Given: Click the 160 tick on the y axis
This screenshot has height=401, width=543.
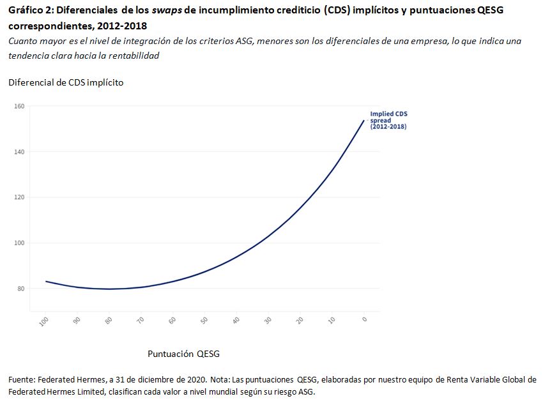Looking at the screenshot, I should (x=19, y=106).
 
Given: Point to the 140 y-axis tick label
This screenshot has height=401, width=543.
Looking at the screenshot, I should (x=19, y=152).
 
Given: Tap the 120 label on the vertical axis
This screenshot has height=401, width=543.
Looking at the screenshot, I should (x=19, y=197).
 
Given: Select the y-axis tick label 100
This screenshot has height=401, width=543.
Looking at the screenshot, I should (x=19, y=243).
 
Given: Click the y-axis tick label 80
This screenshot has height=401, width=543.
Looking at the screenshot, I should (x=20, y=289).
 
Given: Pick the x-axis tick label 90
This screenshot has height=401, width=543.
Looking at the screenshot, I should (x=77, y=321).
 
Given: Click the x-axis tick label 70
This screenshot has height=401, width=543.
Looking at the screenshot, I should (x=141, y=321).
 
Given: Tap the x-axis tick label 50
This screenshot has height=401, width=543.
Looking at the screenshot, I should (x=204, y=321).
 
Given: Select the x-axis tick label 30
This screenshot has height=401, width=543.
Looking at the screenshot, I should (x=268, y=321).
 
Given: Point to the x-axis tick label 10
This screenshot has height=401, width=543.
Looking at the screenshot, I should (x=332, y=321).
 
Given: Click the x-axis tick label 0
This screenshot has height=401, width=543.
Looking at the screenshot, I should (x=364, y=319).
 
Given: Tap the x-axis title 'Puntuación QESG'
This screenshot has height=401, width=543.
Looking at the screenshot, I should (x=184, y=353).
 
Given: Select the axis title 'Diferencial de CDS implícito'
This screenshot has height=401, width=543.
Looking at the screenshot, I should (x=66, y=82).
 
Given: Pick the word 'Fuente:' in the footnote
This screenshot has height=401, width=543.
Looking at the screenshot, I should (x=23, y=380).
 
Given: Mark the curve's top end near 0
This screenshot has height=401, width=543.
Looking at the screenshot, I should (x=364, y=120).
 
